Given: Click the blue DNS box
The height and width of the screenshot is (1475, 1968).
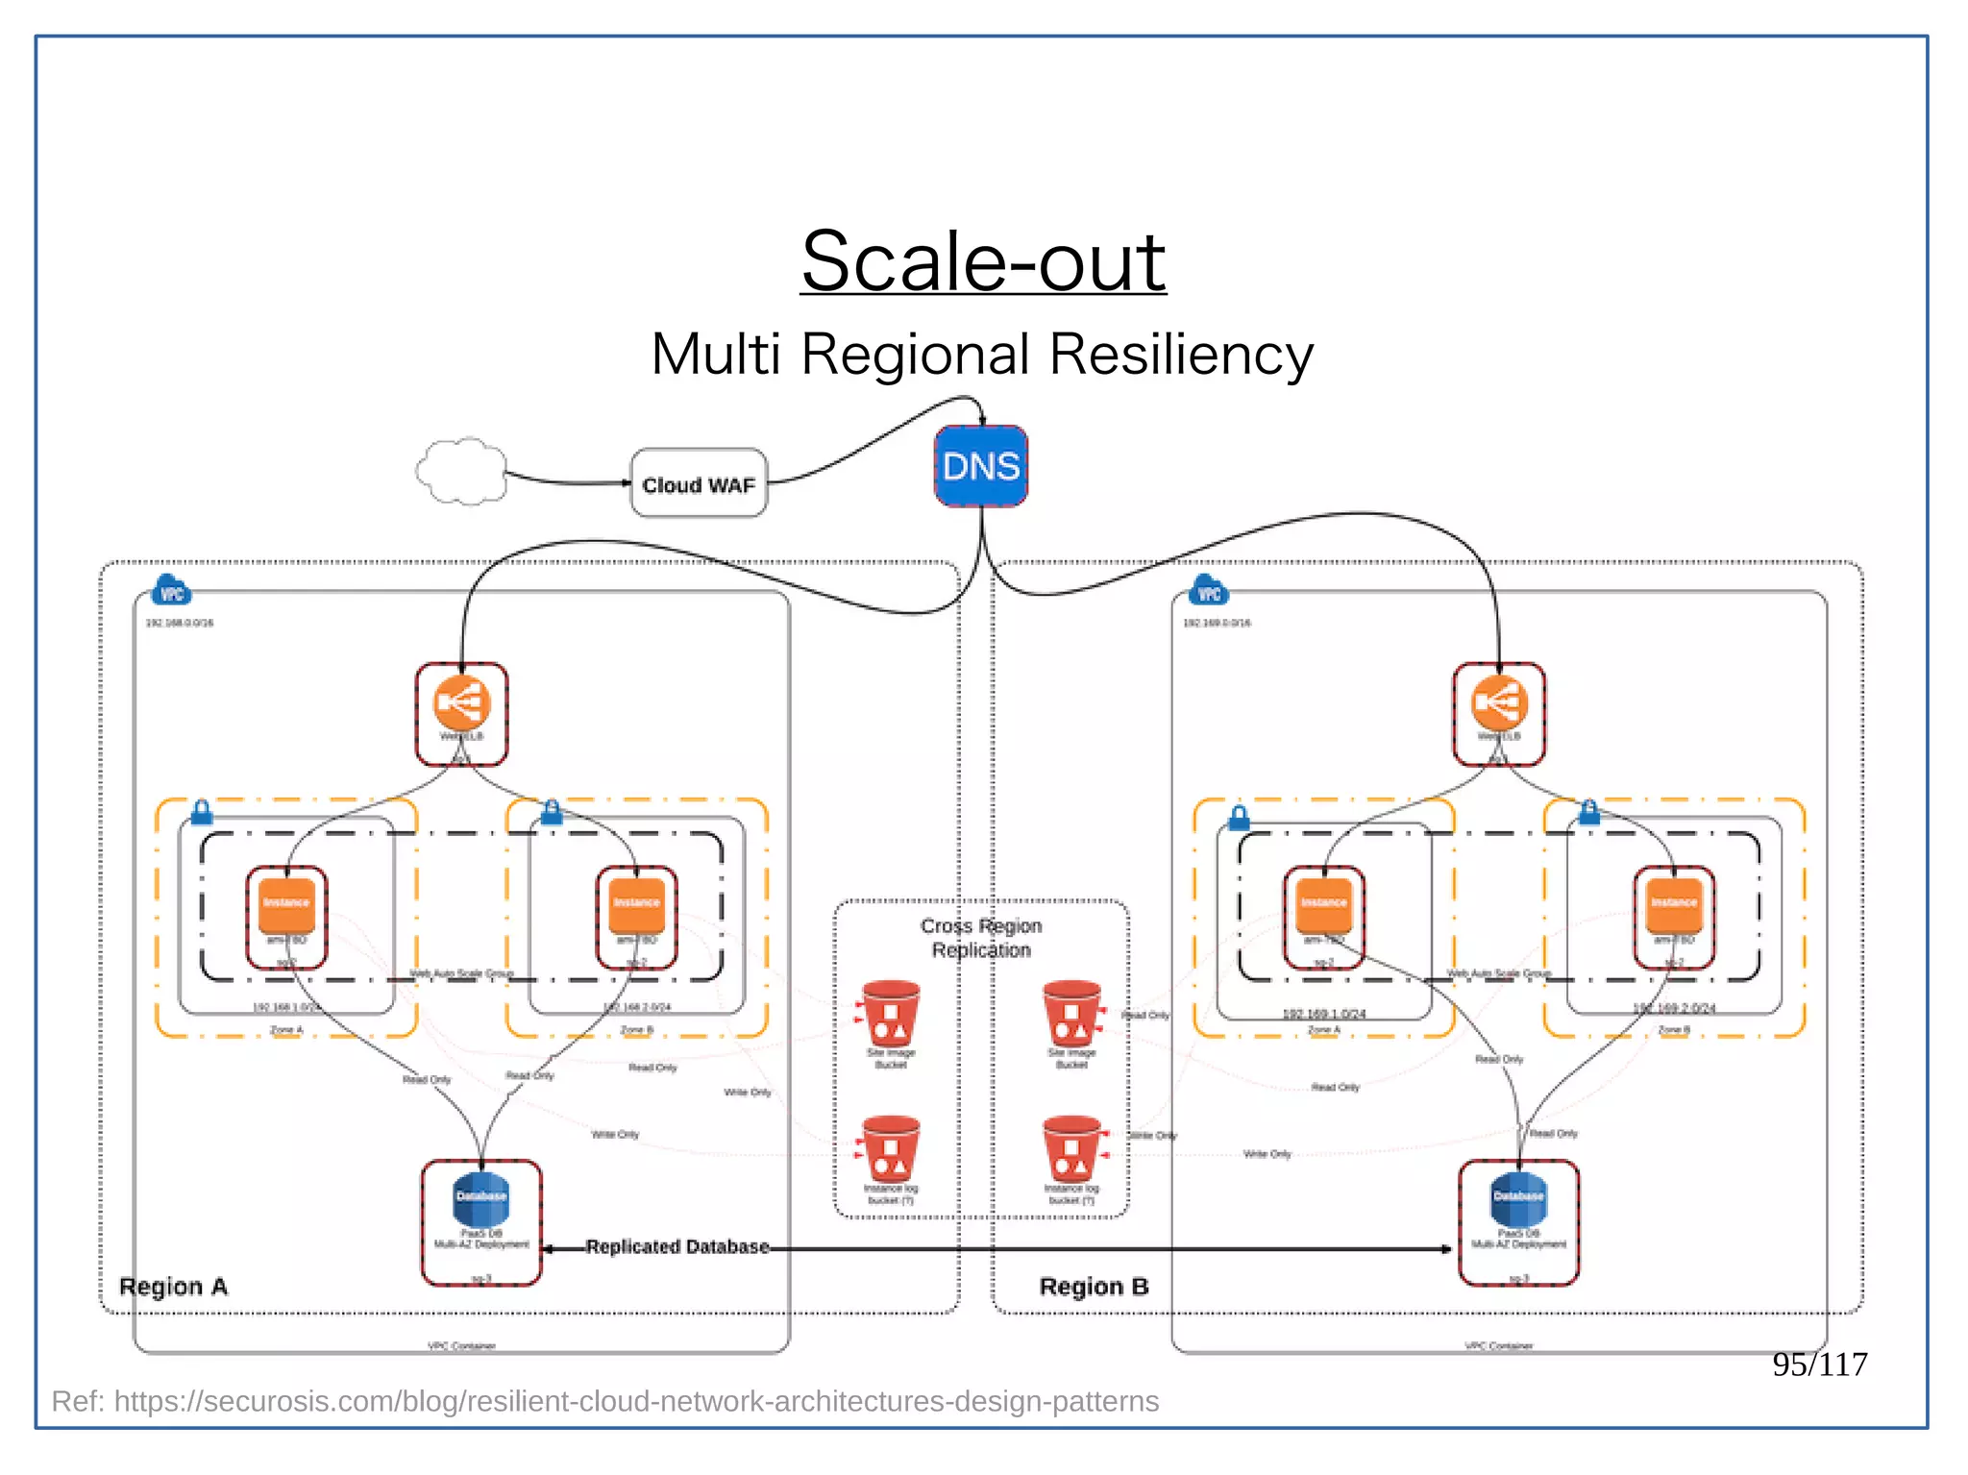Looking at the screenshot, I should click(981, 466).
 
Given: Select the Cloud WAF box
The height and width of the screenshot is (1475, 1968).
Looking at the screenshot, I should click(699, 483).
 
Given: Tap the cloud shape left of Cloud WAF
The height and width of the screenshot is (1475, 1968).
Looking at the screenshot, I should click(461, 471).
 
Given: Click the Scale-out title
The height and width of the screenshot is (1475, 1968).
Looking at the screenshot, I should click(983, 261).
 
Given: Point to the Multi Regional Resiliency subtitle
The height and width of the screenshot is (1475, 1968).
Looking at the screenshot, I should click(981, 354).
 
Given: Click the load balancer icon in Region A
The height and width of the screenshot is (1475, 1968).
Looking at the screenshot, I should click(461, 705).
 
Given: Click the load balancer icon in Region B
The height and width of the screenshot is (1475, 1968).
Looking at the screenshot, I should click(1499, 705).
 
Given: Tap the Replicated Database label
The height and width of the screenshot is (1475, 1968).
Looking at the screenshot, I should click(677, 1246).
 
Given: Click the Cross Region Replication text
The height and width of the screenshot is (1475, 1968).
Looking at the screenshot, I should click(981, 938).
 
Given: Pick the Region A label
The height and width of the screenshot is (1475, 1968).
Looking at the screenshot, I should click(173, 1287).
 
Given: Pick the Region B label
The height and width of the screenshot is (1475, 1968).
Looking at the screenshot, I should click(1094, 1287).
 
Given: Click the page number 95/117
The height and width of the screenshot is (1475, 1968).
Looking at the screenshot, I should click(1819, 1364).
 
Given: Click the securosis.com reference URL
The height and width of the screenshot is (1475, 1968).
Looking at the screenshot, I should click(605, 1401).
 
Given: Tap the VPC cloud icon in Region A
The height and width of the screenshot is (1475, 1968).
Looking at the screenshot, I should click(172, 591).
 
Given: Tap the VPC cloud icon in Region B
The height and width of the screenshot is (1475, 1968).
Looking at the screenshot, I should click(1209, 591).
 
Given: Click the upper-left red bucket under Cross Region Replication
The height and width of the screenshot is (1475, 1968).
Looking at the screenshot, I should click(890, 1014).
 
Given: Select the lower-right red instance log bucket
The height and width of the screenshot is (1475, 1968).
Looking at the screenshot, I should click(1071, 1149).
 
